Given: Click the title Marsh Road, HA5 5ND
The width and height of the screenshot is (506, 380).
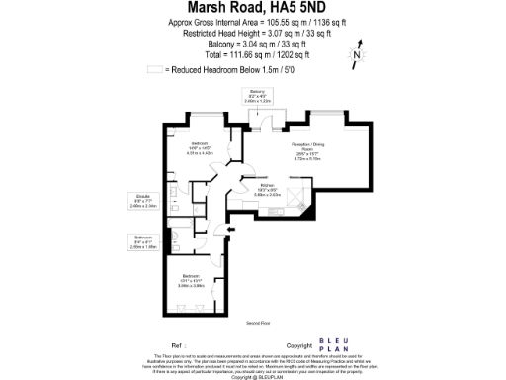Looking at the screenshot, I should pyautogui.click(x=252, y=9).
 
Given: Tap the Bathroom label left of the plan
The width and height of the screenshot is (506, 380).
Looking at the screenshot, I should pyautogui.click(x=143, y=240).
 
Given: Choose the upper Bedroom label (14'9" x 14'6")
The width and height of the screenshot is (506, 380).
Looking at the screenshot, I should pyautogui.click(x=200, y=147).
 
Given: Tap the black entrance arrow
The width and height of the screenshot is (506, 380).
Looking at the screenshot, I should pyautogui.click(x=229, y=231).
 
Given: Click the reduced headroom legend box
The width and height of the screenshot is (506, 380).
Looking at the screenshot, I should pyautogui.click(x=153, y=69).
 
